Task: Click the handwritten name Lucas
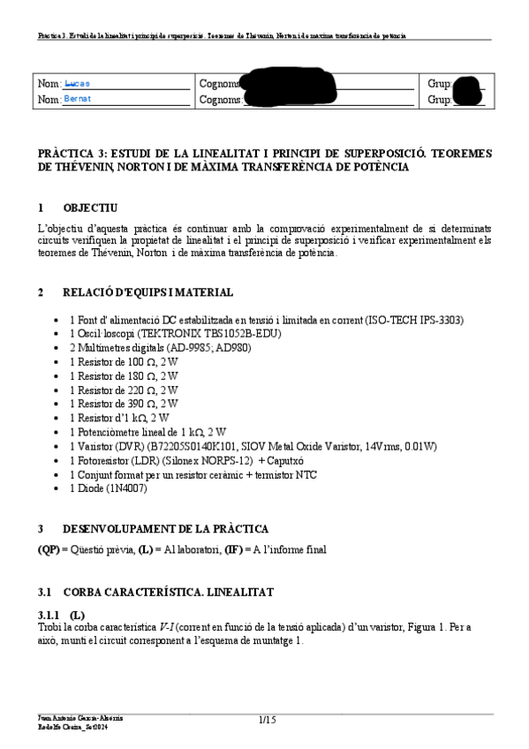78,84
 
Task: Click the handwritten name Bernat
78,99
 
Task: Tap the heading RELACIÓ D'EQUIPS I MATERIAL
148,292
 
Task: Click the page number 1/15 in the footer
268,721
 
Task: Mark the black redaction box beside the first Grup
467,85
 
